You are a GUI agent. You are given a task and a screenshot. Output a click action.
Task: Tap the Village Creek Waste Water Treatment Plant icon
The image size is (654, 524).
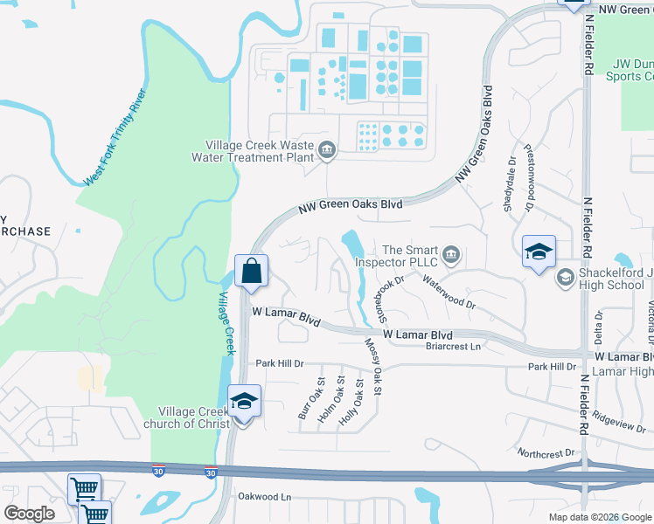tap(327, 151)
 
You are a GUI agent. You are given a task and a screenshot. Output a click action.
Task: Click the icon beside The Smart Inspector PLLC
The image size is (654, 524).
tap(451, 254)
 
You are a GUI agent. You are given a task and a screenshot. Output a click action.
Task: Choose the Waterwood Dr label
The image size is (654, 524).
tap(448, 293)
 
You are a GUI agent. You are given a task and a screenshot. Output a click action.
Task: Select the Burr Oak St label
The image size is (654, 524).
tap(311, 398)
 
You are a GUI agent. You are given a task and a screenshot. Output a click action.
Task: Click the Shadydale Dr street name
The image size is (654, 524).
tap(509, 183)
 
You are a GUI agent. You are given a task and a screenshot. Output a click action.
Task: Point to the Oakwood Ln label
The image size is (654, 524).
tap(264, 496)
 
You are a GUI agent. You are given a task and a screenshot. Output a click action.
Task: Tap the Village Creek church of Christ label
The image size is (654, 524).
tap(193, 417)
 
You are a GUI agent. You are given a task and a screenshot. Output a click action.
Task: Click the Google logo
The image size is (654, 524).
tap(29, 514)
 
